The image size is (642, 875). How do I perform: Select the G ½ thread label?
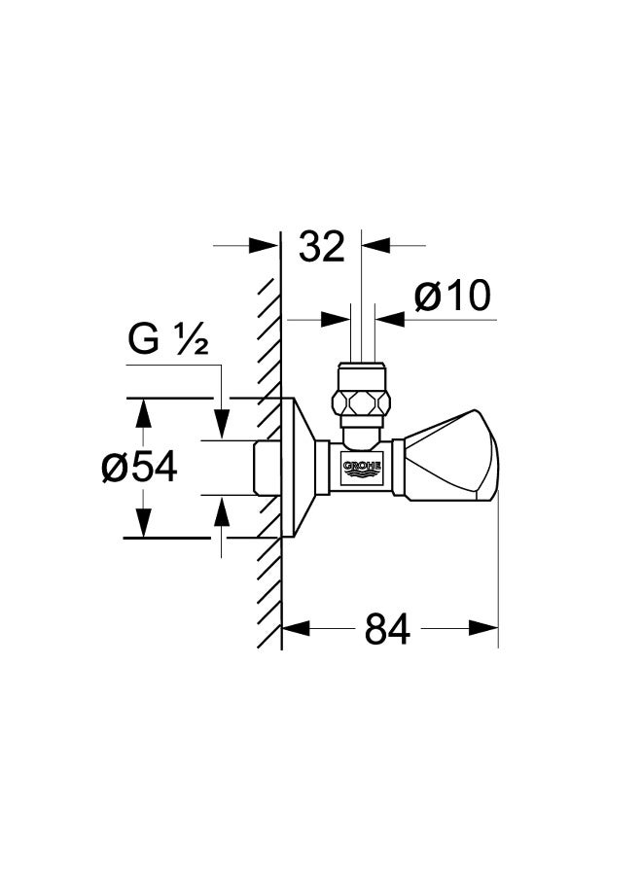point(168,339)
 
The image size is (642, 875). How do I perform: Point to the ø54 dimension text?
point(139,467)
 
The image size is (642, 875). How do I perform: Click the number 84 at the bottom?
point(387,628)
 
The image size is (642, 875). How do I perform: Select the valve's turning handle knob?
point(451,455)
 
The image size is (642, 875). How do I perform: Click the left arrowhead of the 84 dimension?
point(296,628)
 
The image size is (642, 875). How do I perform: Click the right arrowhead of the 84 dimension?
point(483,628)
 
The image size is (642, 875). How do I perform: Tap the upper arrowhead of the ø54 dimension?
point(144,413)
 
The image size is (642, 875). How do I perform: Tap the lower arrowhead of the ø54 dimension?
point(144,523)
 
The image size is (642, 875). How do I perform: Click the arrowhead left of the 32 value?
point(264,245)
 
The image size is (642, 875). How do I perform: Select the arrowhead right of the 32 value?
point(375,244)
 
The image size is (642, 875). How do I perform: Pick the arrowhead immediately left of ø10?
point(336,320)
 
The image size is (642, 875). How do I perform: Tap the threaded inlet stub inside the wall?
point(267,468)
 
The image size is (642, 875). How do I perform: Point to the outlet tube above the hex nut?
point(362,333)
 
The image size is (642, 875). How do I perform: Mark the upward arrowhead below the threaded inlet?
point(222,510)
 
